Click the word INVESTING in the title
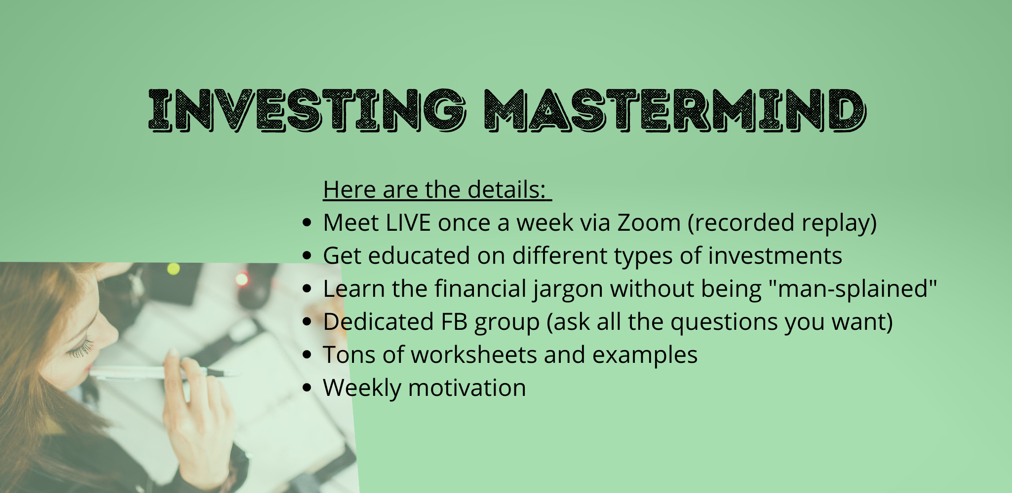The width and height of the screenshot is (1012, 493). tap(307, 110)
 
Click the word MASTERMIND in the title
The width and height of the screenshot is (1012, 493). tap(674, 110)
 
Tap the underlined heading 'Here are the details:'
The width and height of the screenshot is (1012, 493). tap(437, 190)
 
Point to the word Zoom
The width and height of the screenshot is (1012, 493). tap(649, 223)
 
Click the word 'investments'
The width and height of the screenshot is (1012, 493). tap(775, 256)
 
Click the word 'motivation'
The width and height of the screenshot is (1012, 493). tap(467, 388)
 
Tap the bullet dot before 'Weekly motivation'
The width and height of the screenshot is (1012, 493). tap(307, 388)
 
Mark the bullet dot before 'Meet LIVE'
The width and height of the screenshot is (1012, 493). tap(307, 223)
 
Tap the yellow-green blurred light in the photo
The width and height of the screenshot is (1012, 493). tap(173, 269)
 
